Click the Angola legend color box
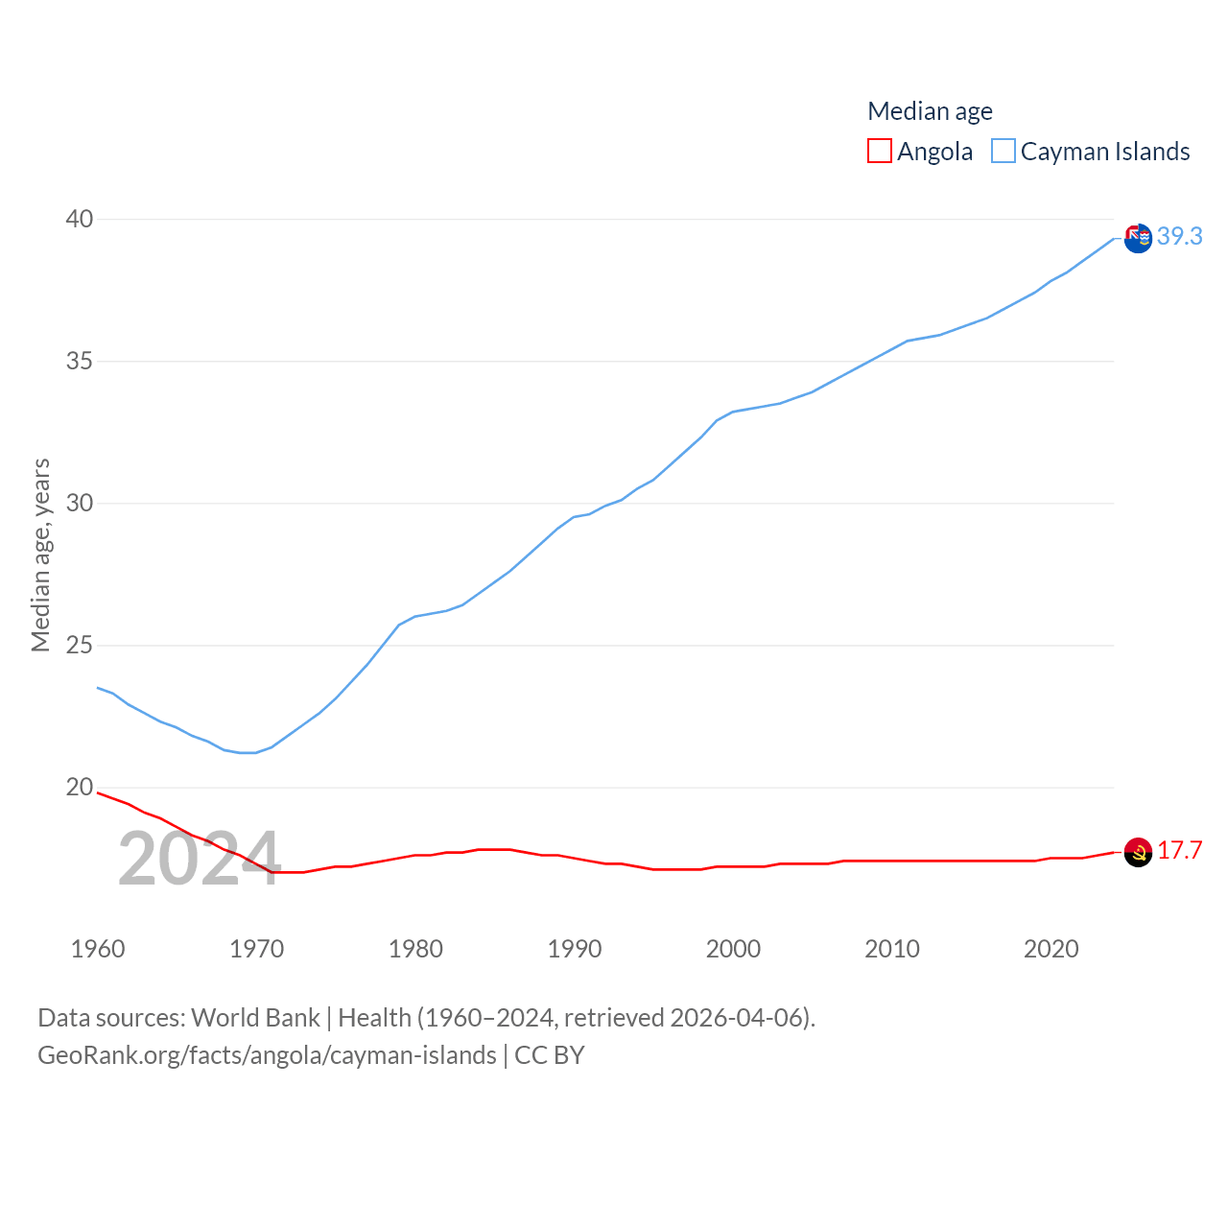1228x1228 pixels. pos(879,152)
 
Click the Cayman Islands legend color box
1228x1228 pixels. pos(1003,152)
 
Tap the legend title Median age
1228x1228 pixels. pos(930,111)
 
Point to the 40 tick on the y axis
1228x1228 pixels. pos(80,219)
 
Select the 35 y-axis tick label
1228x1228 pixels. pos(80,361)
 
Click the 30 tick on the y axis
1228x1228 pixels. pos(80,503)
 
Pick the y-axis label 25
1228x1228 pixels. pos(80,645)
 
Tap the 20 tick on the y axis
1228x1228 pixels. pos(80,787)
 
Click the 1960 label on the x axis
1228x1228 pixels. pos(98,949)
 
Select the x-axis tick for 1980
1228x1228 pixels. pos(415,949)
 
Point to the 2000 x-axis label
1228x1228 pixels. pos(733,949)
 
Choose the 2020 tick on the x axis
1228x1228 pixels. pos(1051,949)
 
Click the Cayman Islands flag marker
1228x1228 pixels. pos(1138,238)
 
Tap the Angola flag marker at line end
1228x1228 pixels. pos(1138,852)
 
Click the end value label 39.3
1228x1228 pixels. pos(1179,236)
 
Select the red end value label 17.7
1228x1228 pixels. pos(1179,850)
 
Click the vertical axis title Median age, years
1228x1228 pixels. pos(40,555)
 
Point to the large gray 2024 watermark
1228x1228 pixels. pos(199,859)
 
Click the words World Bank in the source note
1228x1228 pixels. pos(255,1017)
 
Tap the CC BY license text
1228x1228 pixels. pos(549,1055)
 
